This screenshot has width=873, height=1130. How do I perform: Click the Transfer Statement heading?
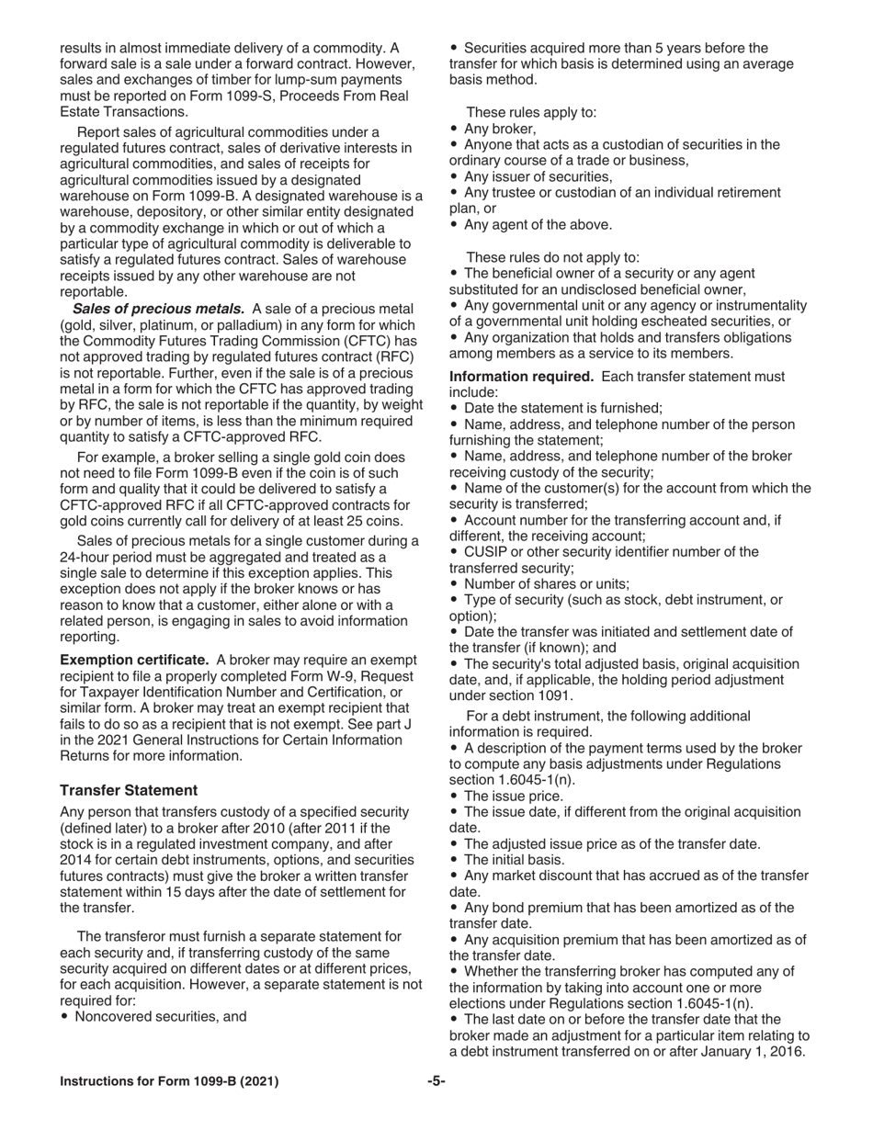[x=129, y=790]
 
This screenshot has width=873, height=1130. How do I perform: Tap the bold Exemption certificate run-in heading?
[x=134, y=660]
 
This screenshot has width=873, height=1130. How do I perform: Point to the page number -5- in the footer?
[x=436, y=1081]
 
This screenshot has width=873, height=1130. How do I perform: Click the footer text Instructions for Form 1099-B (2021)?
[x=169, y=1081]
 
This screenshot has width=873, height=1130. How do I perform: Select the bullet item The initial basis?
[x=515, y=860]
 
